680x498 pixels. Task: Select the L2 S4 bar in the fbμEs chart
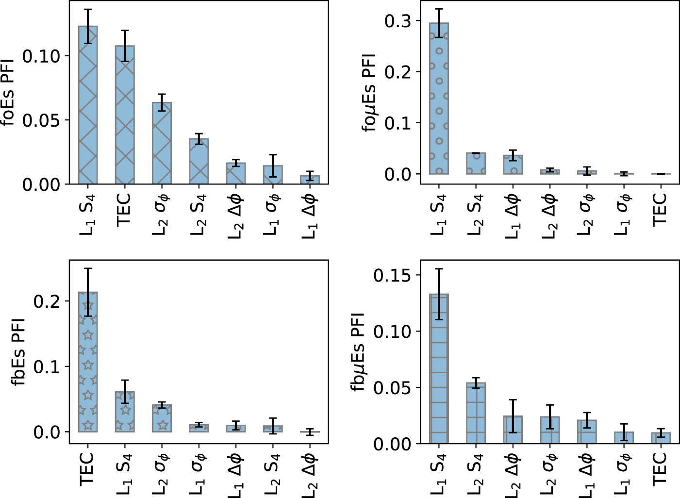(x=476, y=413)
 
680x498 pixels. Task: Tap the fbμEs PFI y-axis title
(x=358, y=352)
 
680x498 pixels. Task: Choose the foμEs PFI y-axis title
(x=369, y=92)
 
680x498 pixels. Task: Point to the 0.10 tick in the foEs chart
(x=41, y=56)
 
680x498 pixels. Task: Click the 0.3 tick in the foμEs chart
(x=397, y=21)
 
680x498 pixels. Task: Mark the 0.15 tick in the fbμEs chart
(x=392, y=276)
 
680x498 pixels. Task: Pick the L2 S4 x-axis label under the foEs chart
(x=199, y=214)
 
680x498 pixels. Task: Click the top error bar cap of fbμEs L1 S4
(x=439, y=269)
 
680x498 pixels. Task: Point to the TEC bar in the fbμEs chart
(x=661, y=438)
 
